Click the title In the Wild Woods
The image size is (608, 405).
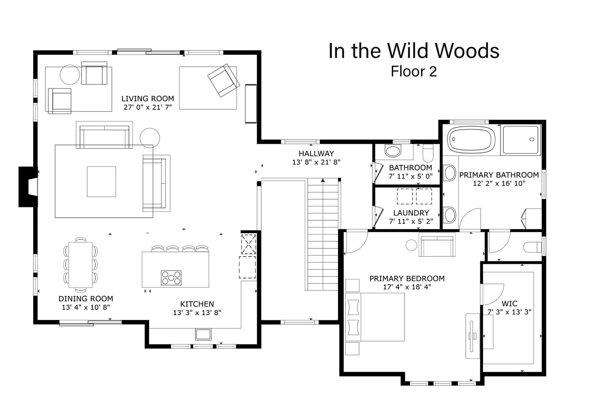click(x=414, y=51)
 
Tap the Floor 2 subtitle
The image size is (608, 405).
click(x=414, y=72)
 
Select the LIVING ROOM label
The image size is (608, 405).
click(x=148, y=98)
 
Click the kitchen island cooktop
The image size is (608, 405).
click(x=171, y=277)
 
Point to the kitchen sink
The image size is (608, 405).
click(x=203, y=334)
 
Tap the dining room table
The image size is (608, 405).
click(x=80, y=265)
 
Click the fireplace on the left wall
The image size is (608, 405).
click(x=28, y=187)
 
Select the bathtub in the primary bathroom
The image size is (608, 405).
click(x=471, y=140)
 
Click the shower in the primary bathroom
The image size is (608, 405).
click(x=520, y=140)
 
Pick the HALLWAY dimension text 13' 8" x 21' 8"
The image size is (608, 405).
click(x=316, y=162)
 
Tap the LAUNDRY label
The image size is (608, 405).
click(x=411, y=213)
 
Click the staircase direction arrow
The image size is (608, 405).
click(x=323, y=180)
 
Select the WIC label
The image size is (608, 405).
click(x=510, y=303)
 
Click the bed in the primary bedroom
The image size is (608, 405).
click(x=375, y=317)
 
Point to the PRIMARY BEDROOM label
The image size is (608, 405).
click(x=407, y=279)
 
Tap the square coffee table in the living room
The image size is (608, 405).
click(x=101, y=181)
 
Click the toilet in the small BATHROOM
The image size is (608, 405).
click(x=428, y=153)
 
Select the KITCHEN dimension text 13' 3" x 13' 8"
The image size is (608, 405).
click(x=197, y=313)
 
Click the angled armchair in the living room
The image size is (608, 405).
click(x=224, y=80)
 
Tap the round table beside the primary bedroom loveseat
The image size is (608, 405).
click(x=411, y=245)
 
